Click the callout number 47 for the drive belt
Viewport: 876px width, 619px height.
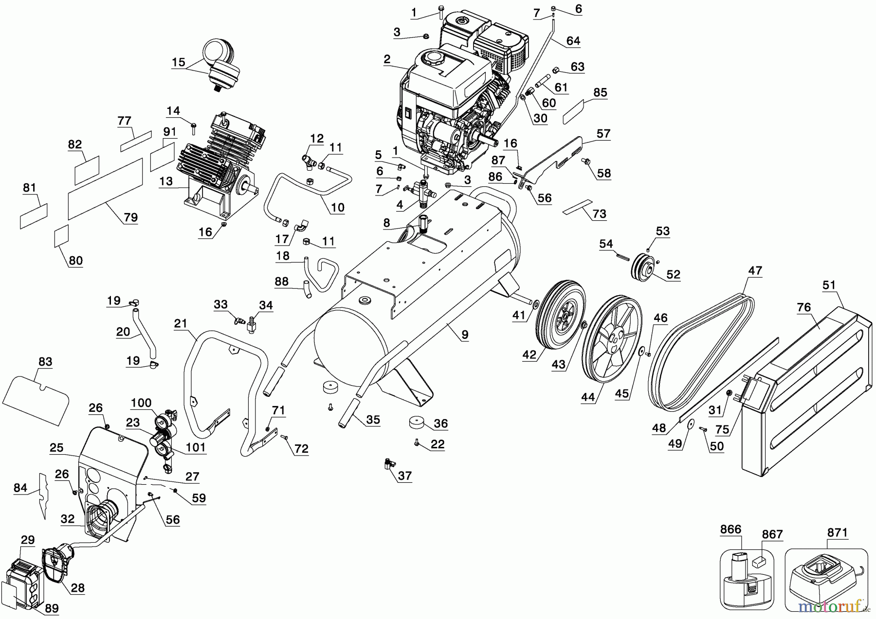click(755, 271)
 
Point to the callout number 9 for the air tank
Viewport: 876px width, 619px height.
click(465, 335)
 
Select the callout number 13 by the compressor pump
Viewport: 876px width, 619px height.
click(166, 181)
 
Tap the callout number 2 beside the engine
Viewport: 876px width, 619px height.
click(387, 59)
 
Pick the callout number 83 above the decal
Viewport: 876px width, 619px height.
click(45, 362)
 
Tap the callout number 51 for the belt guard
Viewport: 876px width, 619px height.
click(829, 285)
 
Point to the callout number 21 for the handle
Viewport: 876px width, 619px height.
click(181, 323)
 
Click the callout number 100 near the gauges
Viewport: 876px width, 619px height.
click(142, 403)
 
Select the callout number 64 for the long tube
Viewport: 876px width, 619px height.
click(573, 41)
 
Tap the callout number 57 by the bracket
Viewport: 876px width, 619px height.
click(603, 134)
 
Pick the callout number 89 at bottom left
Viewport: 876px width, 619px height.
click(52, 608)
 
